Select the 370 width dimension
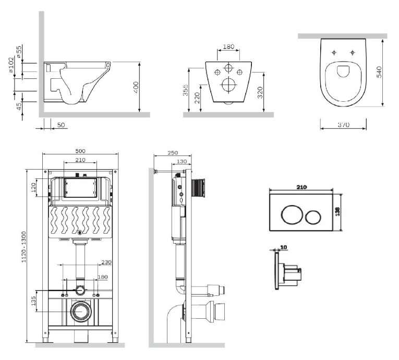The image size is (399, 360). coord(343,125)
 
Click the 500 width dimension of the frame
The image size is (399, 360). coord(80,151)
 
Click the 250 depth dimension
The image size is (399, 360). coord(160,152)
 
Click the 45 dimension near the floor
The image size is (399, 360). coord(19,105)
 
